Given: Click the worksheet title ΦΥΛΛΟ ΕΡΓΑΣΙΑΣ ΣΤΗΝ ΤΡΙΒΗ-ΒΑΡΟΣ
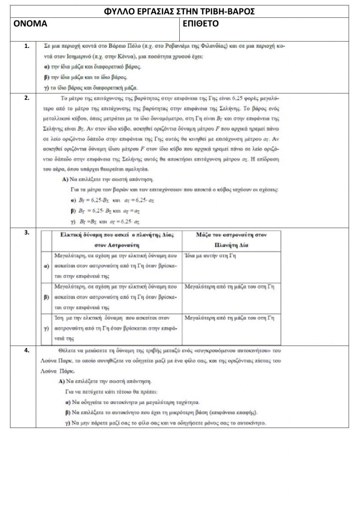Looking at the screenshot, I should coord(179,12).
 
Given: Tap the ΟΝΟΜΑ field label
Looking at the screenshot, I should coord(30,24).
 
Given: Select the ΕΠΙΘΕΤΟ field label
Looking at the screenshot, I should coord(201,24).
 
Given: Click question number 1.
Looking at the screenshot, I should coord(26,46).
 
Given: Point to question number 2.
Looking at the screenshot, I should coord(26,98).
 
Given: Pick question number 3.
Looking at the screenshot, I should coord(26,232).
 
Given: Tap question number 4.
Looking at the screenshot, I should coord(26,350).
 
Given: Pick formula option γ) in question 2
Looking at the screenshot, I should coord(105,222).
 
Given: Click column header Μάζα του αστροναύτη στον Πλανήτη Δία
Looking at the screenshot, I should coord(231,240).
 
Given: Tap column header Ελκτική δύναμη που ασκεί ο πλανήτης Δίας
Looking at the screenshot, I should coord(117,240).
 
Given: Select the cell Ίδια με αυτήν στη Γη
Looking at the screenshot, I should coord(210,256).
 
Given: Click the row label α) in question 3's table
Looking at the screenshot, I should coord(46,266).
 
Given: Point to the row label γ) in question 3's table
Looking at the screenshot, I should coord(46,329).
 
